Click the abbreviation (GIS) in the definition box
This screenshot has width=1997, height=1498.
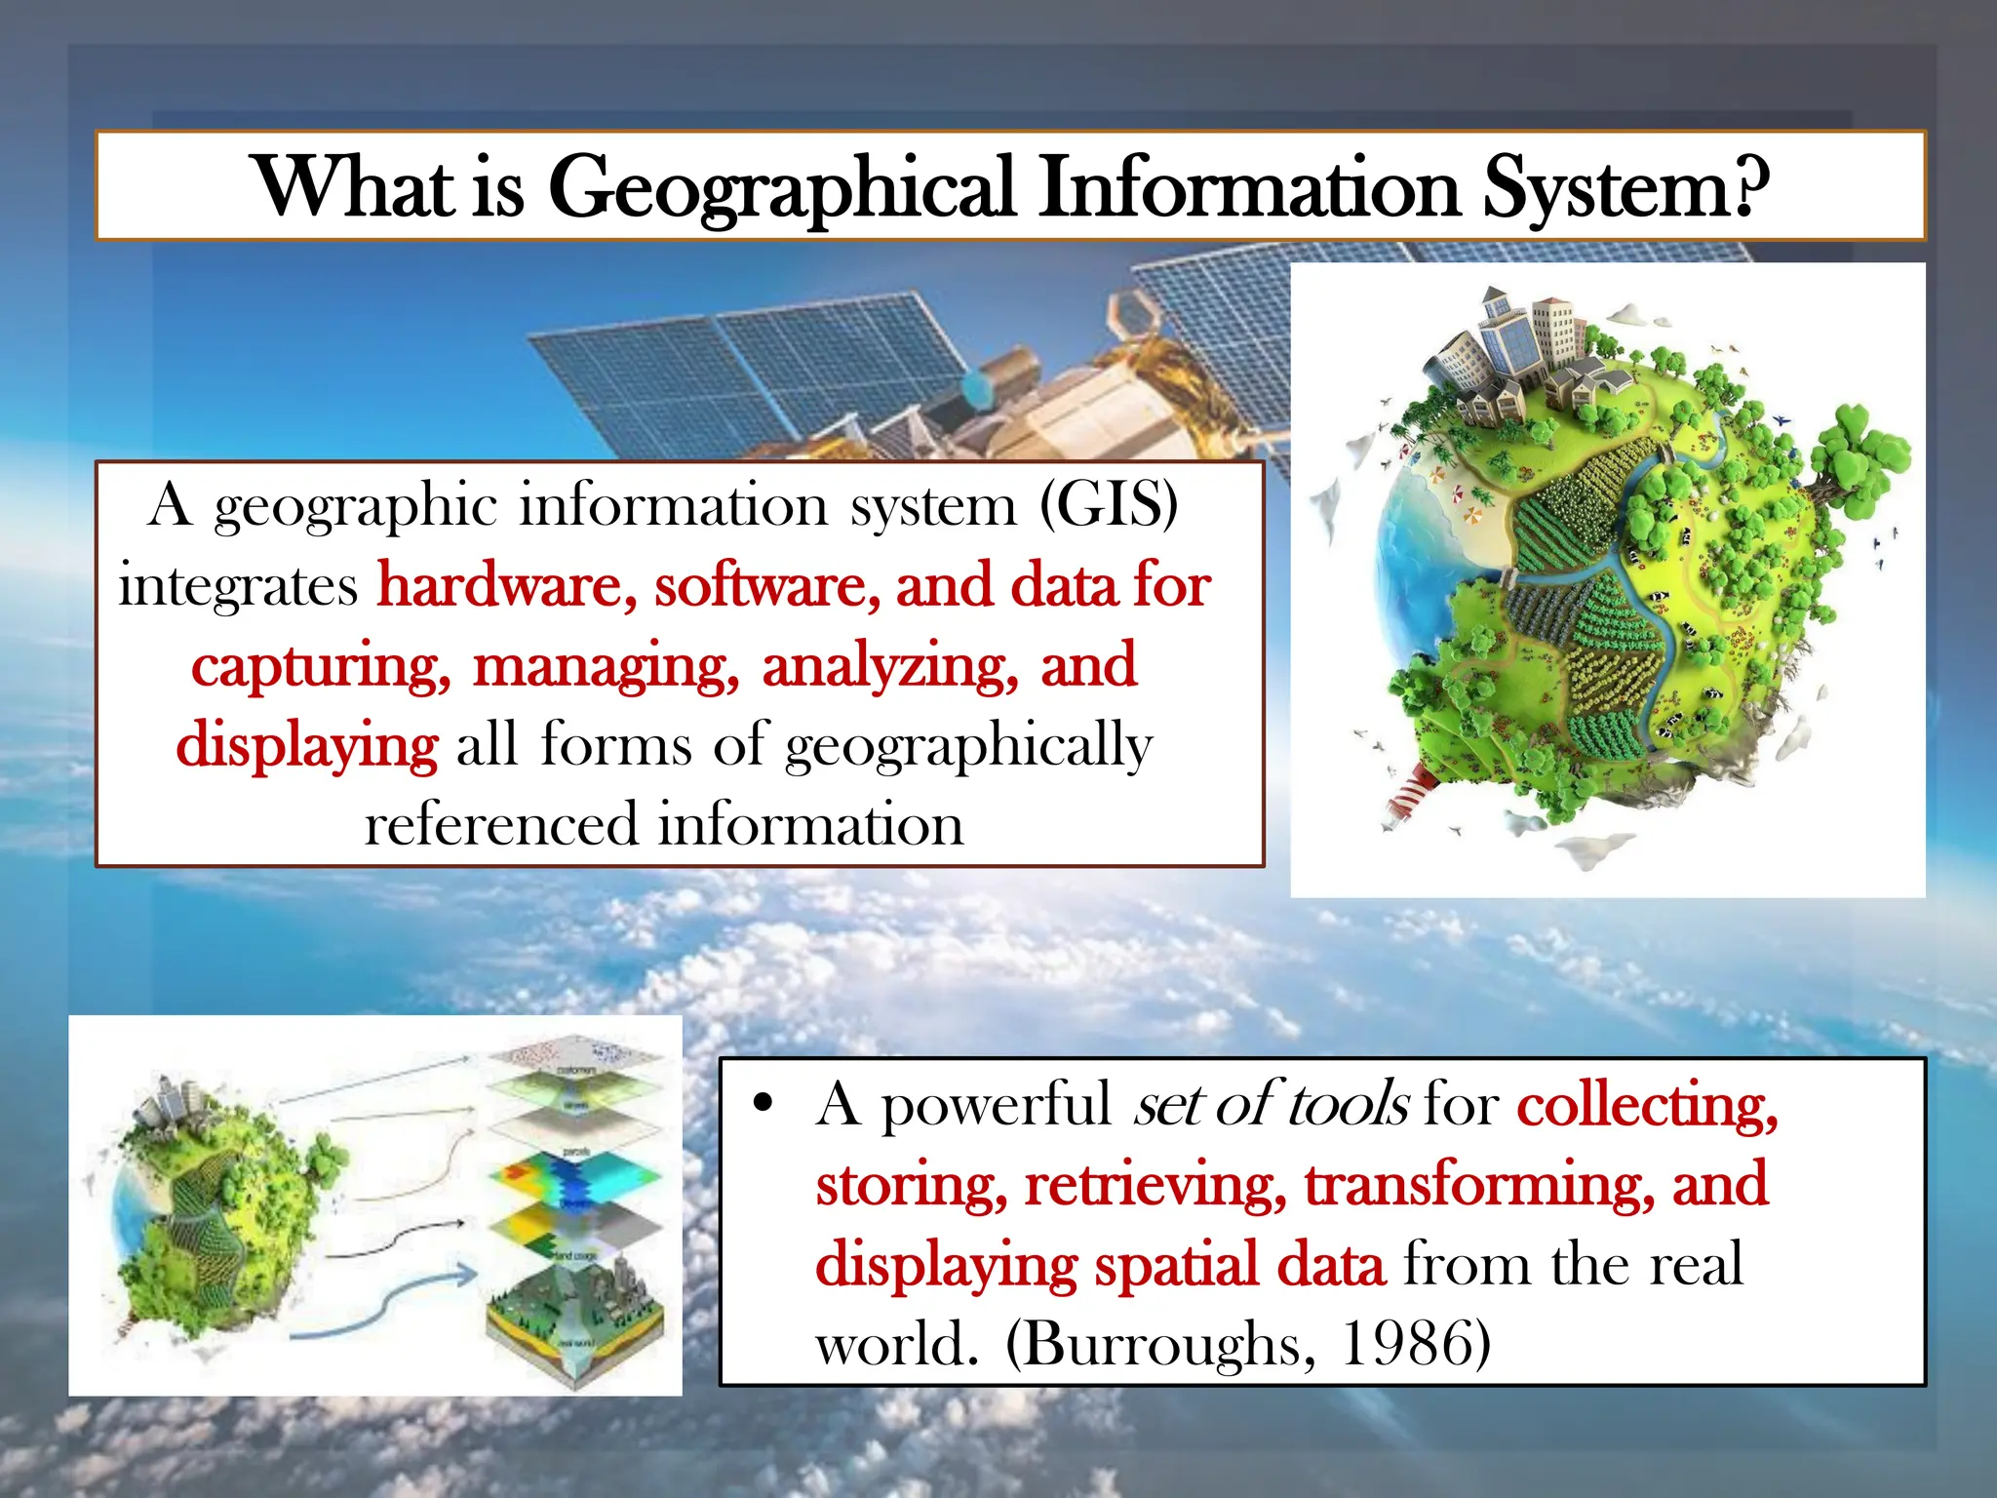pyautogui.click(x=1109, y=505)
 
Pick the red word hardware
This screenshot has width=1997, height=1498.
pyautogui.click(x=507, y=586)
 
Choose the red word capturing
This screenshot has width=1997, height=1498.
pyautogui.click(x=321, y=667)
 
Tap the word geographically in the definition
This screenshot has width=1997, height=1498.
pyautogui.click(x=968, y=747)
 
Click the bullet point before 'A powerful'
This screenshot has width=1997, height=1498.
pyautogui.click(x=764, y=1104)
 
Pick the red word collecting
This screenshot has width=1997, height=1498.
pyautogui.click(x=1647, y=1106)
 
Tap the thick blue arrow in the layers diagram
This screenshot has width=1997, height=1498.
pyautogui.click(x=390, y=1302)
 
